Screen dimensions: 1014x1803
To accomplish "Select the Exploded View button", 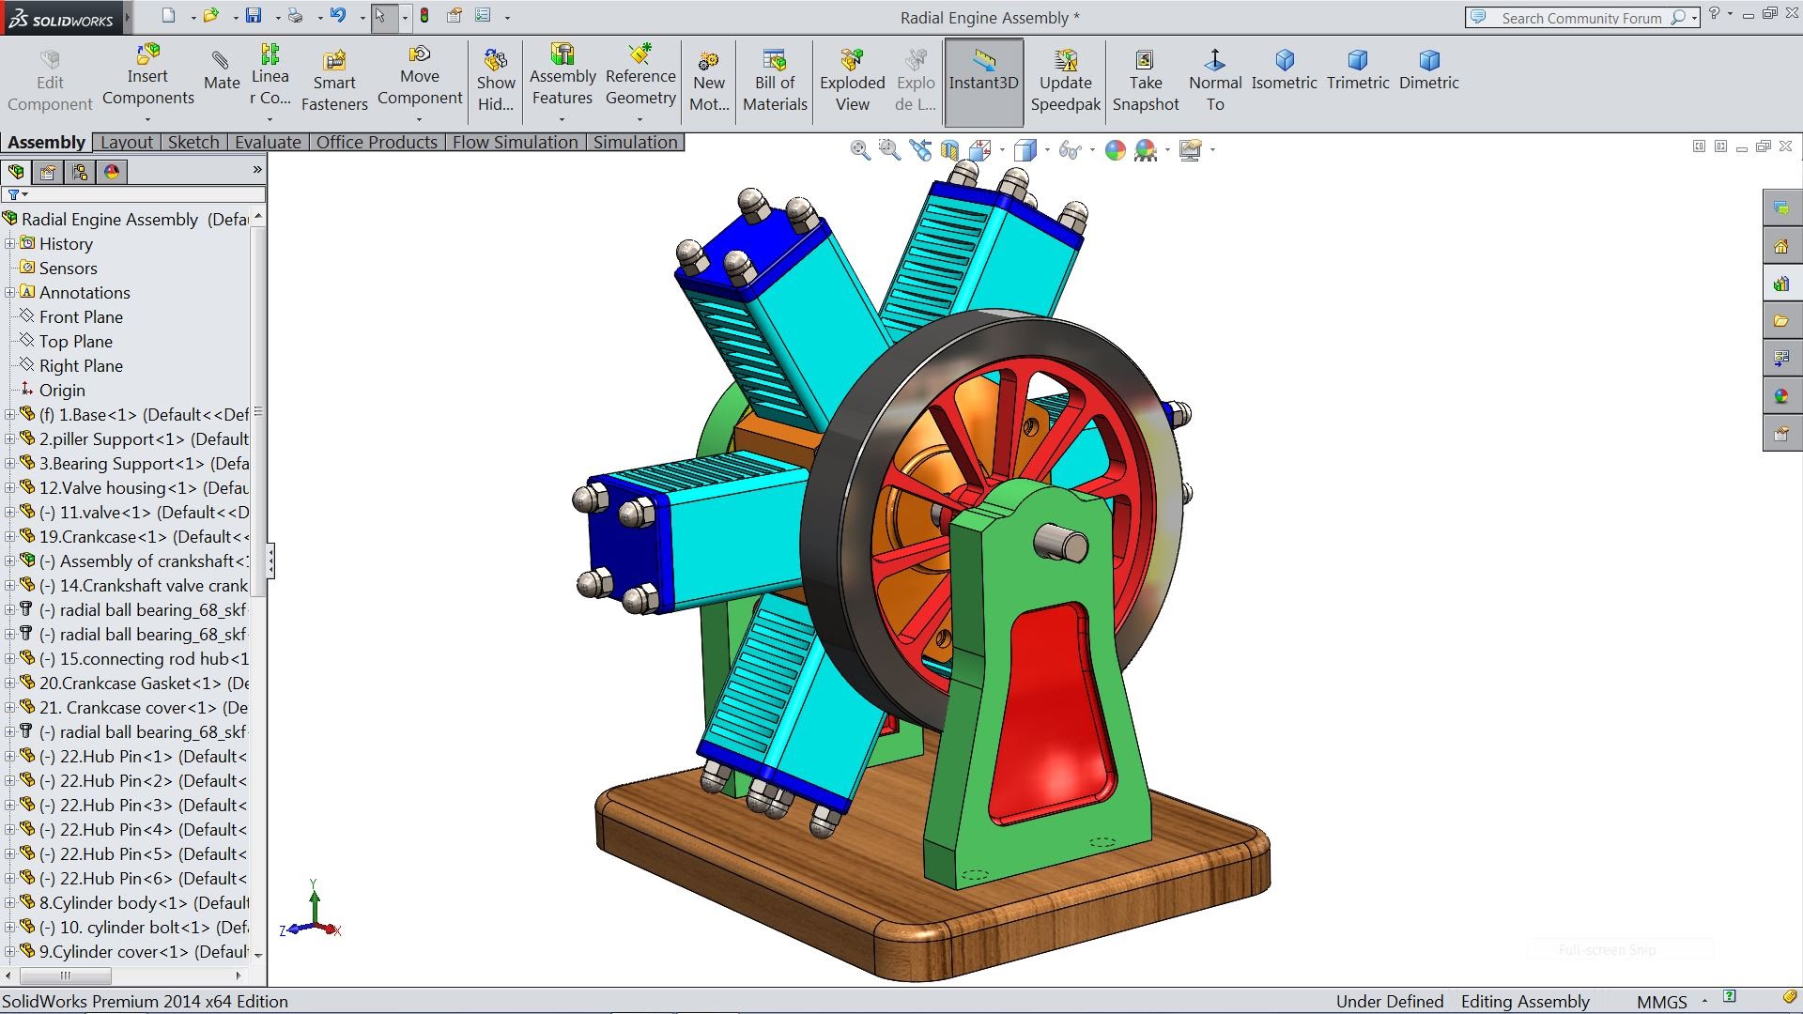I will tap(852, 81).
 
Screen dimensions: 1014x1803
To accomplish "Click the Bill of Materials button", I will tap(775, 81).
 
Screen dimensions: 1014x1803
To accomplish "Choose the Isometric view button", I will tap(1284, 70).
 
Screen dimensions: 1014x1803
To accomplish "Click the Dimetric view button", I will tap(1428, 70).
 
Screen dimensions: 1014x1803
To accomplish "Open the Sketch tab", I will tap(193, 142).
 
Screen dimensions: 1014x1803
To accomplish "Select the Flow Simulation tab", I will tap(515, 142).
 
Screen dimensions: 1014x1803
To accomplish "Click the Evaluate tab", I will tap(268, 142).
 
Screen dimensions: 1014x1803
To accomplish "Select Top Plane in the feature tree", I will tap(75, 342).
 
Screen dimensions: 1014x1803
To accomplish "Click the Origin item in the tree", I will tap(62, 391).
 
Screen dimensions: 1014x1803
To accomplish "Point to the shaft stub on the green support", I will tap(1061, 543).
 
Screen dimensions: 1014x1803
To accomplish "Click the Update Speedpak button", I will tap(1065, 81).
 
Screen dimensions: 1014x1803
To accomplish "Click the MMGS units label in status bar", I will tap(1661, 1002).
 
